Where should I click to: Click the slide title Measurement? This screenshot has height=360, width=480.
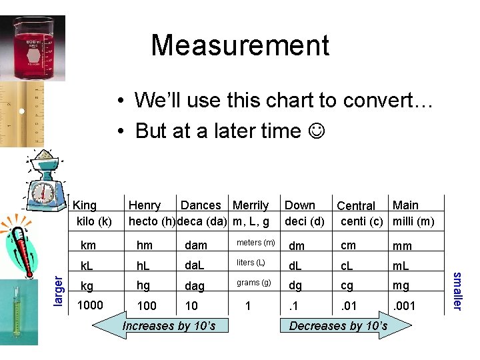(240, 45)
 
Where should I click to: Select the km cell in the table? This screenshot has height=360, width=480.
(88, 245)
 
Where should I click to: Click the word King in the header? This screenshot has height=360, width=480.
(85, 206)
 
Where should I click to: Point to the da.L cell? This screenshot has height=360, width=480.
(195, 266)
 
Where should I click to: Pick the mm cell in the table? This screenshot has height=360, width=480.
(402, 245)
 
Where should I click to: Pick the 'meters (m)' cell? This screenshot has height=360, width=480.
(257, 242)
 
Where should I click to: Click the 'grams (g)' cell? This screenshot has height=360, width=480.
(254, 283)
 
